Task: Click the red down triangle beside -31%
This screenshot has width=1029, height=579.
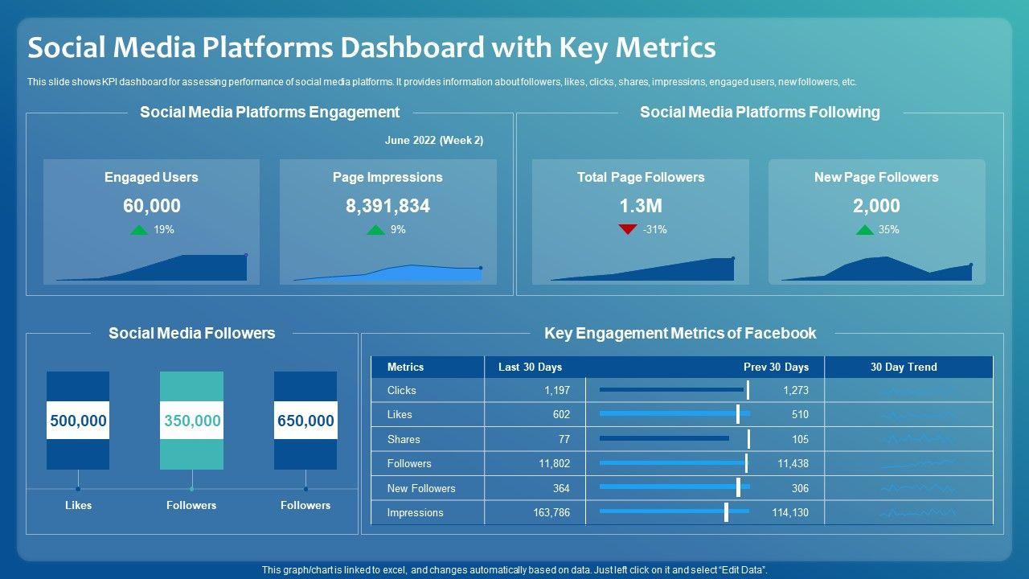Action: [x=628, y=230]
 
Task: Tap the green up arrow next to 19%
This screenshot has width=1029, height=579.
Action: [x=139, y=230]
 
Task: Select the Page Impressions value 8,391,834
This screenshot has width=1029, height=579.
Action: [x=387, y=206]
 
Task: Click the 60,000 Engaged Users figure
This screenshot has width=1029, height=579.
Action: [x=151, y=206]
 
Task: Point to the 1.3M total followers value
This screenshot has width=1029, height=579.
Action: [x=640, y=206]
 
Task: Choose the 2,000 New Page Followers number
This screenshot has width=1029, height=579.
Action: [x=875, y=206]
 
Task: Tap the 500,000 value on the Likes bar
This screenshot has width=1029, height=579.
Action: [x=78, y=421]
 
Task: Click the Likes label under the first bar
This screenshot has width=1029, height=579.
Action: [x=78, y=505]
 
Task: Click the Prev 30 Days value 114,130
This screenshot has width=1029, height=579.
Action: [x=790, y=512]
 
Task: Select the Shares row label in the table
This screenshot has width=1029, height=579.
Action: [x=404, y=439]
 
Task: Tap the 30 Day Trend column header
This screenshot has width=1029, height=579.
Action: [x=904, y=367]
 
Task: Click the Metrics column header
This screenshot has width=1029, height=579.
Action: [x=405, y=367]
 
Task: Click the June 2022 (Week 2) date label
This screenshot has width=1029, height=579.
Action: [x=434, y=140]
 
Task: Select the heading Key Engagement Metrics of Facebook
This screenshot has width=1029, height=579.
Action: [x=680, y=333]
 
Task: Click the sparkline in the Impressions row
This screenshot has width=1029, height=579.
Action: [x=917, y=512]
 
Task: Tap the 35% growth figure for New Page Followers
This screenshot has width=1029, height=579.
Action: [x=888, y=230]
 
